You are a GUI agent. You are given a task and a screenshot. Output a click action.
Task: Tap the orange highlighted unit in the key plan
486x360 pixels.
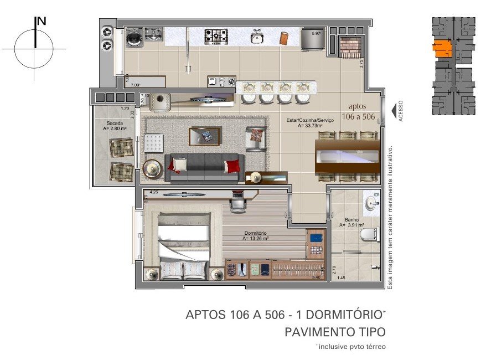pos(443,49)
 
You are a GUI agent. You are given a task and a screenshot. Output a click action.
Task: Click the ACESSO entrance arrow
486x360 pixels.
pos(393,110)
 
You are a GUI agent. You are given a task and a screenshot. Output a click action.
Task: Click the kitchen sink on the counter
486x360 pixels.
pos(256,37)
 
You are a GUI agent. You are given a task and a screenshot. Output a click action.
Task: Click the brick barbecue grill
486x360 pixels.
pos(350,47)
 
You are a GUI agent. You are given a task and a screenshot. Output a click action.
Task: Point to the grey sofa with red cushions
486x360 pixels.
pos(205,167)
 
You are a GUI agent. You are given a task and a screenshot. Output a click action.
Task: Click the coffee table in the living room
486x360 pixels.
pos(205,135)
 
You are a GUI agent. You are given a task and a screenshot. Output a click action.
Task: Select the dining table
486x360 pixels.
pos(347,156)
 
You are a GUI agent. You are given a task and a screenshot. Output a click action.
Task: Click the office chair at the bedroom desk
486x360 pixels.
pos(238,203)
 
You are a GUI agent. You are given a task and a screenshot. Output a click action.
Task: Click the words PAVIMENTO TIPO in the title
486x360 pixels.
pos(334,332)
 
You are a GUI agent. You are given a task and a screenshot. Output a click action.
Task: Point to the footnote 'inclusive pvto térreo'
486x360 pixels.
pos(351,346)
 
